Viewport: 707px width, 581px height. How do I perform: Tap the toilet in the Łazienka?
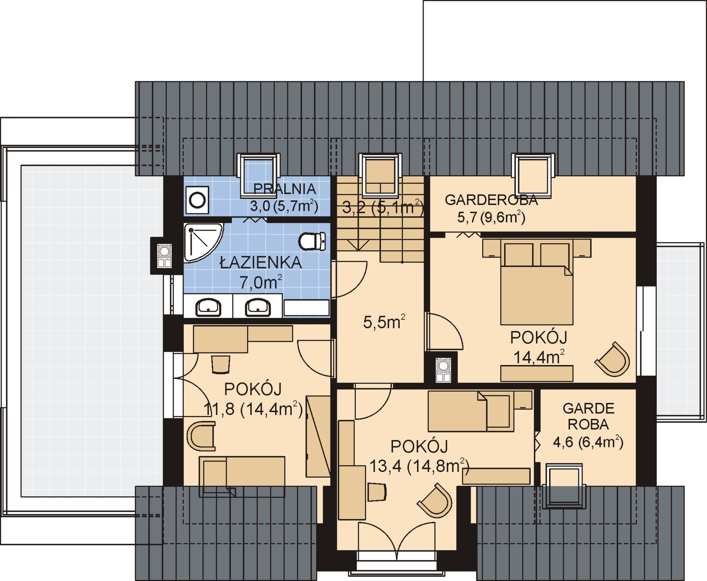click(312, 241)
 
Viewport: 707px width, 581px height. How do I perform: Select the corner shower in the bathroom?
click(203, 242)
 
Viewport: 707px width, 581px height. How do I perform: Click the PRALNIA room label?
click(285, 189)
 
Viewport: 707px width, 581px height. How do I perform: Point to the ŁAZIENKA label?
click(261, 263)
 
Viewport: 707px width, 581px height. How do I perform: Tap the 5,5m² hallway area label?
click(384, 322)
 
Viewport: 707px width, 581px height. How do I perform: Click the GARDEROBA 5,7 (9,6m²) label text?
click(491, 208)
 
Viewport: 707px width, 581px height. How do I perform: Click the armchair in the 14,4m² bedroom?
click(613, 359)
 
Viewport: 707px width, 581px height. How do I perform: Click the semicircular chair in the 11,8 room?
click(201, 436)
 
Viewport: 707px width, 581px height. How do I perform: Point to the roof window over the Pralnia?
click(258, 175)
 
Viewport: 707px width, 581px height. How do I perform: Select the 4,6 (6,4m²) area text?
click(588, 441)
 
